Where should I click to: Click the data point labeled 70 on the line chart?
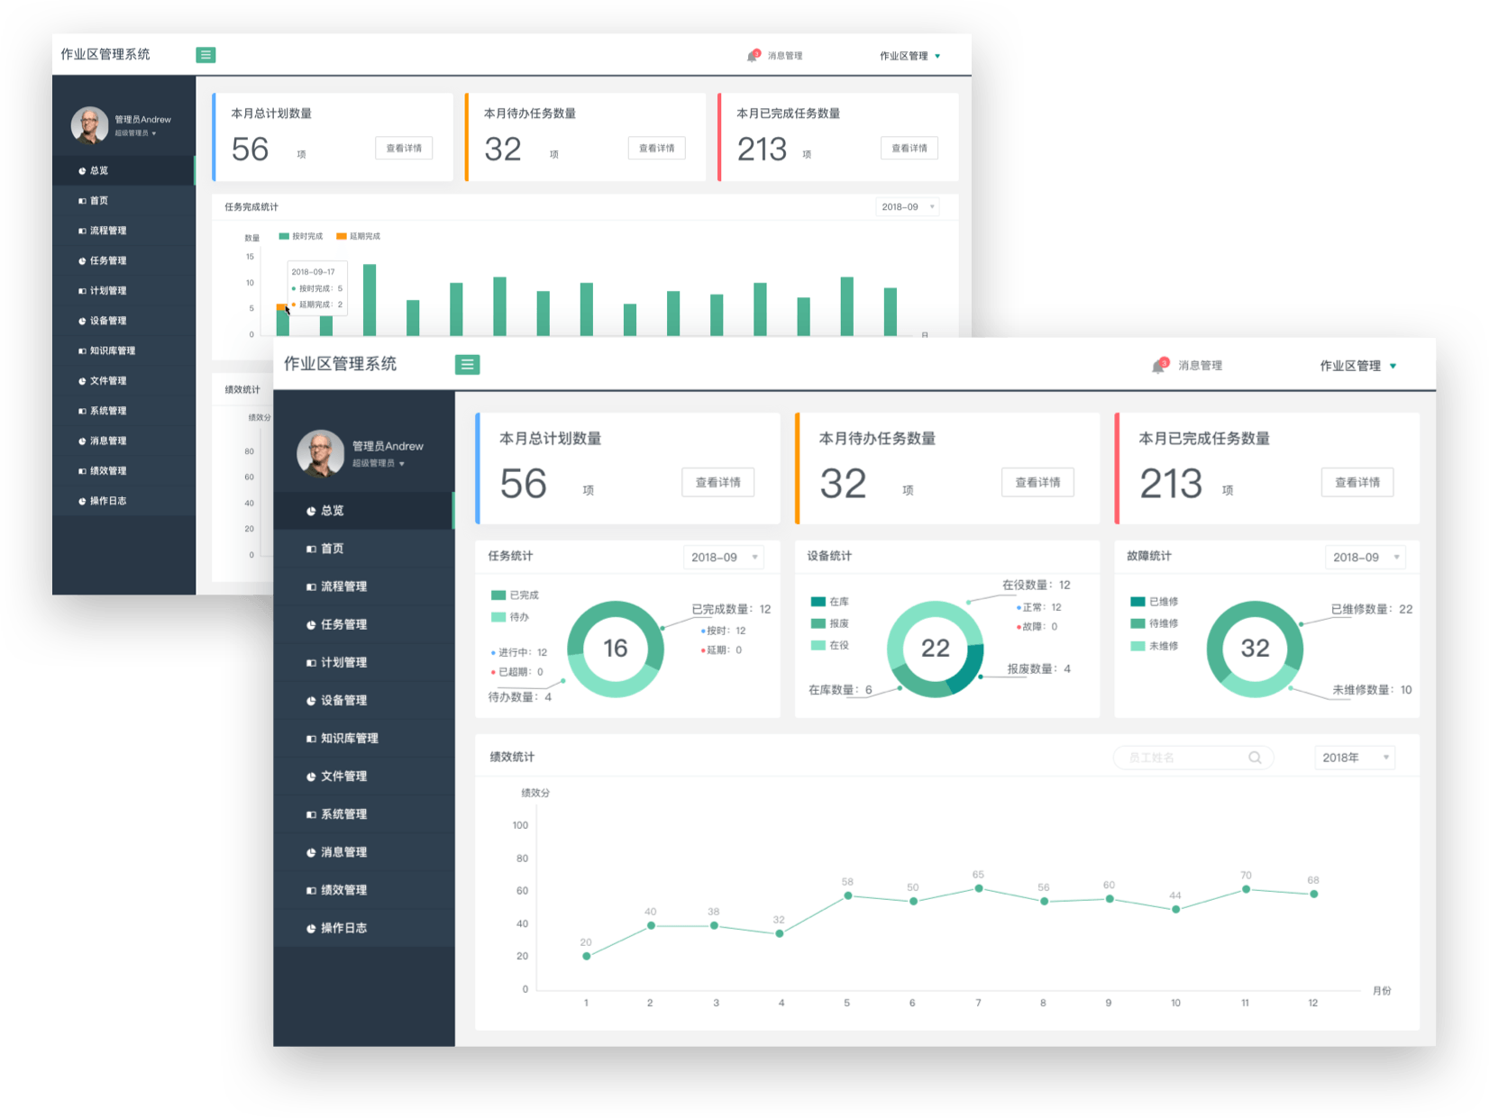tap(1246, 889)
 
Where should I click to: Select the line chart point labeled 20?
tap(587, 956)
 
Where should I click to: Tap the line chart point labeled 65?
tap(979, 888)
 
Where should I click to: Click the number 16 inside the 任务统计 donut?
tap(616, 648)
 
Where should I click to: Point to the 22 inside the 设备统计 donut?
tap(935, 648)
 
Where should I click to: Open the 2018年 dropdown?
tap(1355, 758)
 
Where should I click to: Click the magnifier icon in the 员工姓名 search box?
tap(1255, 758)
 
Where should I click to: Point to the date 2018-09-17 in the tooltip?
tap(313, 271)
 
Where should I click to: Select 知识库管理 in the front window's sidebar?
tap(349, 738)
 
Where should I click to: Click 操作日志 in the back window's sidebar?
tap(107, 501)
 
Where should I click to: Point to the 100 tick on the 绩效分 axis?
tap(520, 825)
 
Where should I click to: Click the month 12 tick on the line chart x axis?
tap(1312, 1003)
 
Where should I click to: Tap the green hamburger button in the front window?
tap(467, 364)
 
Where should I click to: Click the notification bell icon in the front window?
tap(1159, 366)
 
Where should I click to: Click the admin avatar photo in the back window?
tap(90, 125)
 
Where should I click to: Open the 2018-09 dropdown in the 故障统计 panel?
tap(1365, 557)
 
